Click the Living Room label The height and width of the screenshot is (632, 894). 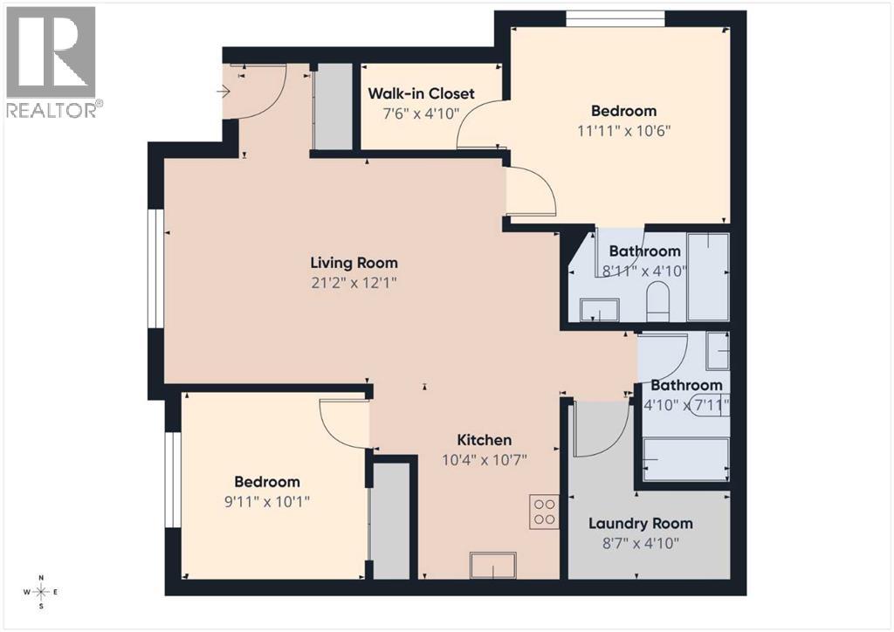pyautogui.click(x=354, y=262)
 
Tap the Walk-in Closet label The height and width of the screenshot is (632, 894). pyautogui.click(x=421, y=93)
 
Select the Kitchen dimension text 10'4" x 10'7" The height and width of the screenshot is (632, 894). pyautogui.click(x=485, y=459)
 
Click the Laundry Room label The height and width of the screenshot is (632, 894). pyautogui.click(x=640, y=524)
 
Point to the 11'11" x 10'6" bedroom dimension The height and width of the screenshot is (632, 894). pyautogui.click(x=623, y=130)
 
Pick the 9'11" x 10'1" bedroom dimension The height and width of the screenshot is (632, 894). pyautogui.click(x=266, y=501)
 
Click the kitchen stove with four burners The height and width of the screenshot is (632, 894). pyautogui.click(x=544, y=511)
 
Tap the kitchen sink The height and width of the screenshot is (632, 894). pyautogui.click(x=493, y=565)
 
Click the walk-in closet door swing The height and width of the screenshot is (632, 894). pyautogui.click(x=478, y=127)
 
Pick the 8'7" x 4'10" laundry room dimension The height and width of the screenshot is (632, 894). pyautogui.click(x=640, y=542)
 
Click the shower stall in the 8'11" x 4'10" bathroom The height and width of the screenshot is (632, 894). pyautogui.click(x=707, y=277)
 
